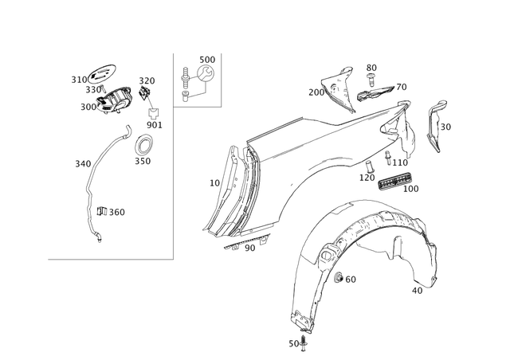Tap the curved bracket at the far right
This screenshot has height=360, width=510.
[434, 127]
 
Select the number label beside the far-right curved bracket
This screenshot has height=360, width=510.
[446, 126]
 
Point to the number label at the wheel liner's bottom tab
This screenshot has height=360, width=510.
[293, 344]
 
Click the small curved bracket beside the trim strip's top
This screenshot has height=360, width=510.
[143, 146]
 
